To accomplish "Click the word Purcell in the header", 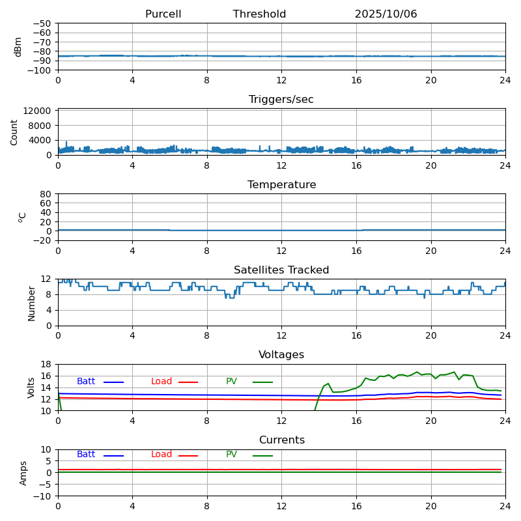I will pos(163,14).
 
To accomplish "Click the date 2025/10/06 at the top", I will pos(386,14).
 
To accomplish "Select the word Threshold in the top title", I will pos(259,14).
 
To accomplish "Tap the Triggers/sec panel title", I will pos(281,100).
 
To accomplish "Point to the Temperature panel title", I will pos(281,185).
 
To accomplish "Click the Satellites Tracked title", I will pos(281,270).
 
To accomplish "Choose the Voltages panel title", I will pos(281,355).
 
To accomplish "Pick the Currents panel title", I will pos(281,440).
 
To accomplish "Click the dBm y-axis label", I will pos(18,46).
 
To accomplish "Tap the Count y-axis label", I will pos(15,132).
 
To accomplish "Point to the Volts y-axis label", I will pos(31,387).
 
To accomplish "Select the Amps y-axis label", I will pos(23,473).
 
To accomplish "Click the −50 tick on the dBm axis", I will pos(43,23).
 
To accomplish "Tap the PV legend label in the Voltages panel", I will pos(231,382).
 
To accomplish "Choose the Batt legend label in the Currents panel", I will pos(86,455).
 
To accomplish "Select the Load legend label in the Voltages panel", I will pos(162,382).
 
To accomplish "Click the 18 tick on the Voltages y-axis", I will pos(47,365).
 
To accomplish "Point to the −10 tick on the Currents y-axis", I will pos(43,496).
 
